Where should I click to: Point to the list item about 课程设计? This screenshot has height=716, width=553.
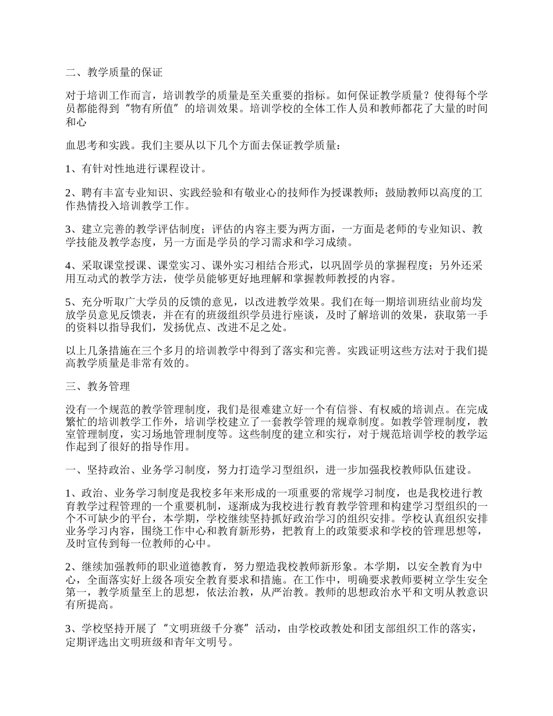pos(135,169)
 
